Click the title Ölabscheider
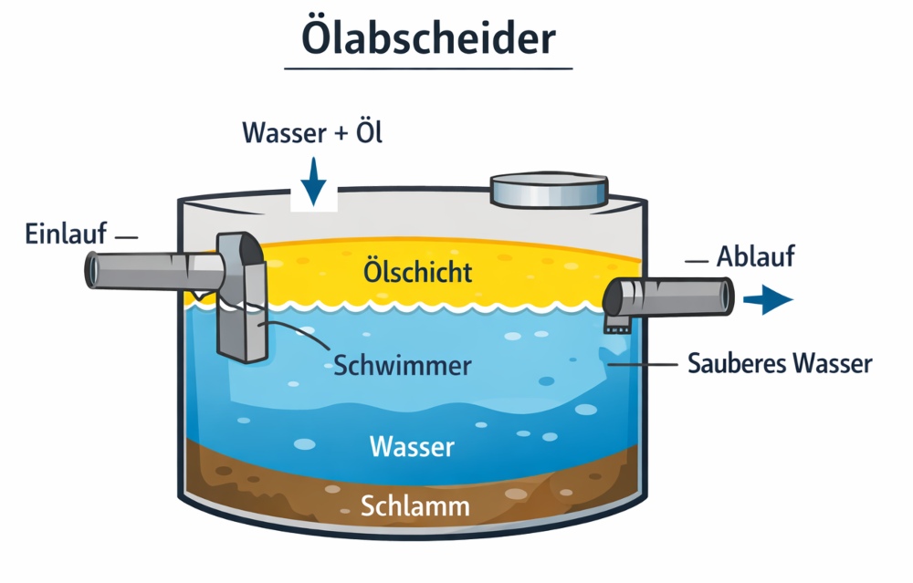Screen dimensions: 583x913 427,38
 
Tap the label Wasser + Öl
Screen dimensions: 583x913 312,133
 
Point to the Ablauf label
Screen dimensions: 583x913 755,257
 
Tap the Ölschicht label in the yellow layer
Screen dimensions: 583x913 418,271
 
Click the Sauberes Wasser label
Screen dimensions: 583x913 779,363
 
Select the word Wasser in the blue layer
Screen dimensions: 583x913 412,447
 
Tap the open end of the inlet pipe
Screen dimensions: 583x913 93,267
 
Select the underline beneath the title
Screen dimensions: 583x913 427,68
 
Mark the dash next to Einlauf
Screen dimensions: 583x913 126,237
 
